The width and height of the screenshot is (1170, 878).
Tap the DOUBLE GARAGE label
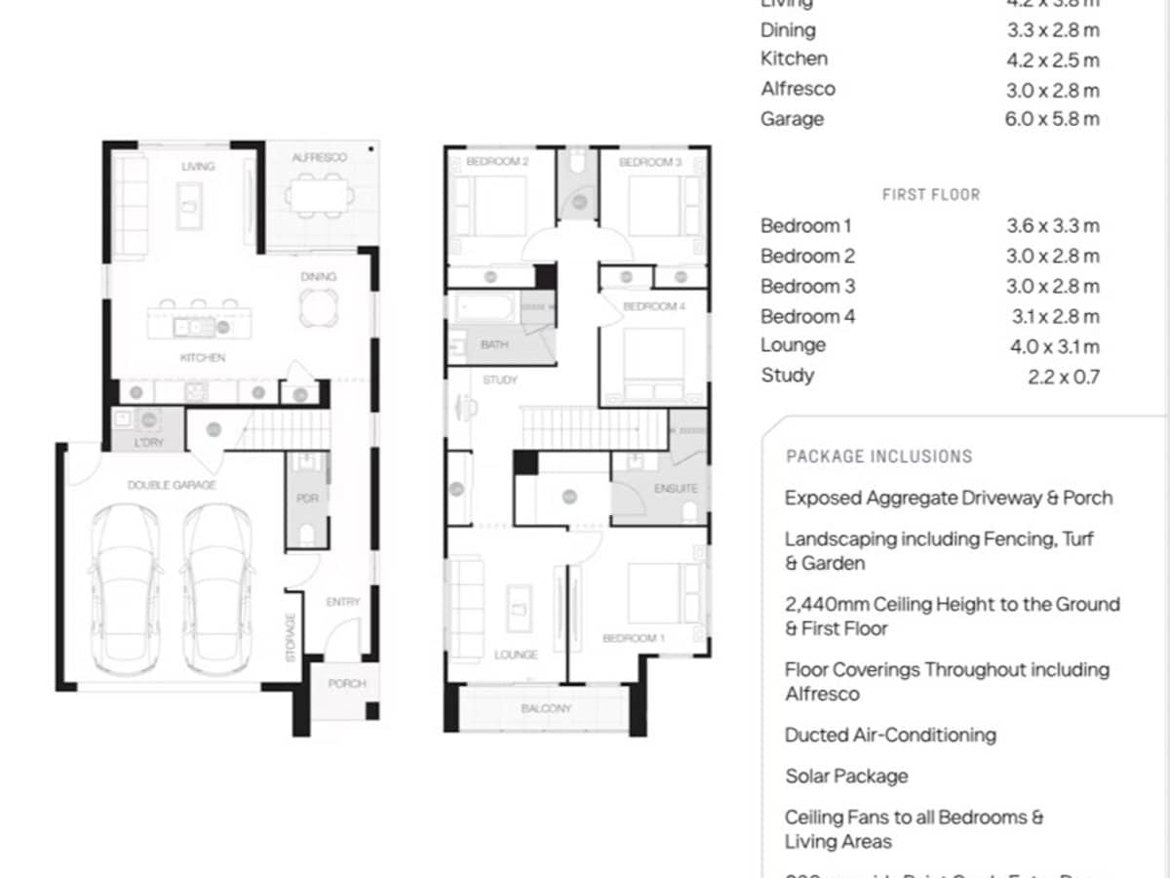[172, 485]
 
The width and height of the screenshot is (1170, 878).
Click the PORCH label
[346, 684]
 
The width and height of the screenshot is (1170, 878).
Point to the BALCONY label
[545, 708]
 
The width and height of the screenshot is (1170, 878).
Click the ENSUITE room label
[676, 488]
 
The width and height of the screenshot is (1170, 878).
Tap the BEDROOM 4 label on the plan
[649, 306]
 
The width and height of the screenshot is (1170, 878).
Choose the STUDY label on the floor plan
[499, 379]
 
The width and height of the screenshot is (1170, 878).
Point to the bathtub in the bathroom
[484, 309]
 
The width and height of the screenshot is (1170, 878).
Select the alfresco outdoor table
[319, 195]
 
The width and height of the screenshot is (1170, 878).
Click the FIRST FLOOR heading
[931, 195]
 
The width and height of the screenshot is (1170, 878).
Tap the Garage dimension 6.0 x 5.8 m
[1053, 119]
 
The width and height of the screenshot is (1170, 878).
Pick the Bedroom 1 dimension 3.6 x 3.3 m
[1053, 226]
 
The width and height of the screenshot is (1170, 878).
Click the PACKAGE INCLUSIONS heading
[878, 457]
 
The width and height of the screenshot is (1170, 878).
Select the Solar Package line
[846, 777]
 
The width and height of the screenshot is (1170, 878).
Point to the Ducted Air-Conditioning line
[890, 736]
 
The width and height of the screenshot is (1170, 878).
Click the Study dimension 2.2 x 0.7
[1063, 377]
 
